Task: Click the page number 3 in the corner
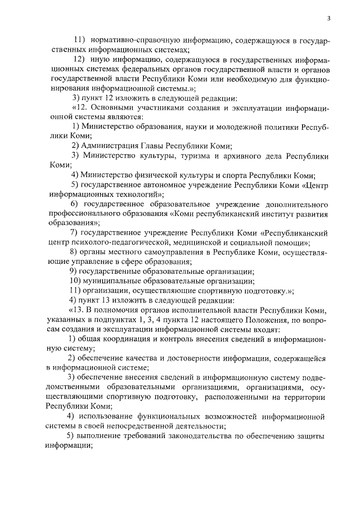click(328, 19)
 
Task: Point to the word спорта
click(235, 174)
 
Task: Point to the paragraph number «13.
click(75, 309)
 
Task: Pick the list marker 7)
click(73, 232)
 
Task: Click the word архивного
click(247, 155)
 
